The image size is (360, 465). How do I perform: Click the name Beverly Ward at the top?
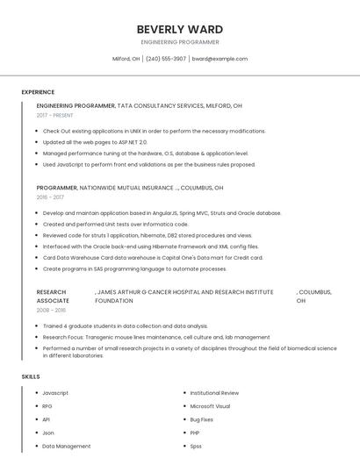click(x=180, y=29)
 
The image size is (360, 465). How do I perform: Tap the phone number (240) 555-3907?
click(x=165, y=59)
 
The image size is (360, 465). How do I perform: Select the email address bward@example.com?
click(x=220, y=59)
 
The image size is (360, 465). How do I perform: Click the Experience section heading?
click(x=38, y=92)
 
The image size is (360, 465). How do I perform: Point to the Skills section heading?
click(x=31, y=376)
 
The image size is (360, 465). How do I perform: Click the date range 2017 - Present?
click(x=55, y=115)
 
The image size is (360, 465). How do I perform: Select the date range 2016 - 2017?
click(x=50, y=197)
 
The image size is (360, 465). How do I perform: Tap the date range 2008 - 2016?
click(x=51, y=310)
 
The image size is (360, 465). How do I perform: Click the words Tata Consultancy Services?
click(x=159, y=105)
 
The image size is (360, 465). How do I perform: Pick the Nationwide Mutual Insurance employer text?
click(x=126, y=188)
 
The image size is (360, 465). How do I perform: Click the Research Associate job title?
click(x=53, y=296)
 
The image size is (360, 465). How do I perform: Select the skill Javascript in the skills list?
click(x=55, y=393)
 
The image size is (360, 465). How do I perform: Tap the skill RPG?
click(x=47, y=406)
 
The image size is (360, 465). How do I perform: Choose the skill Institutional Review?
click(x=214, y=393)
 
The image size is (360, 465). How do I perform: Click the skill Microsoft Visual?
click(x=210, y=406)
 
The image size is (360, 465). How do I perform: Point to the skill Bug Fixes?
click(x=202, y=419)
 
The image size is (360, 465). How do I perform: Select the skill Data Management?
click(x=67, y=446)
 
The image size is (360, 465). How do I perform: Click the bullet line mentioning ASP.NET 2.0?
click(x=95, y=142)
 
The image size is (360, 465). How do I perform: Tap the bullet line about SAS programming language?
click(x=134, y=268)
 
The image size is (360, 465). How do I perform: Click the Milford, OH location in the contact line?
click(x=126, y=59)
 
